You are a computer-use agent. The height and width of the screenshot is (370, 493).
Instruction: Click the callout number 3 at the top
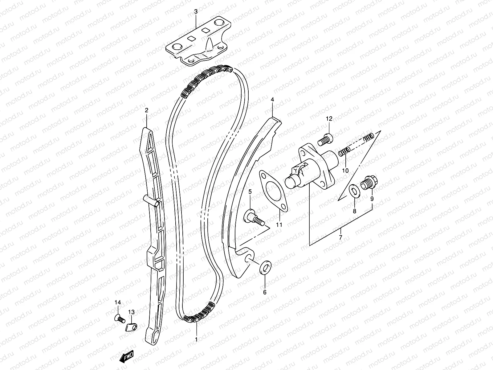pyautogui.click(x=196, y=12)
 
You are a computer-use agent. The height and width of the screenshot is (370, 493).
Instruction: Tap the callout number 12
pyautogui.click(x=329, y=119)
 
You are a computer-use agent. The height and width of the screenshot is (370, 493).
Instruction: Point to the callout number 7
pyautogui.click(x=340, y=237)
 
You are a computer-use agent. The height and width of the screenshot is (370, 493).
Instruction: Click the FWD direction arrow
pyautogui.click(x=126, y=357)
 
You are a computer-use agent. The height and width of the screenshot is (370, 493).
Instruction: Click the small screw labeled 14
pyautogui.click(x=119, y=318)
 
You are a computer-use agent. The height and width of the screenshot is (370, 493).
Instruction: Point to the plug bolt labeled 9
pyautogui.click(x=368, y=184)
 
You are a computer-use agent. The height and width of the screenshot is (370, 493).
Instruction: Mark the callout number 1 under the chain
pyautogui.click(x=196, y=339)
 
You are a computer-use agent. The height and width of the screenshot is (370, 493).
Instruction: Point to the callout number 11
pyautogui.click(x=279, y=225)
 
